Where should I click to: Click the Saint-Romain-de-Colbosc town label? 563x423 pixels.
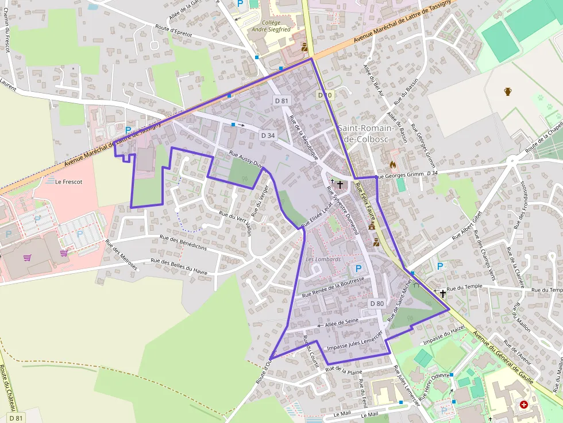point(366,133)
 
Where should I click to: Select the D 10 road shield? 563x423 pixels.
point(325,95)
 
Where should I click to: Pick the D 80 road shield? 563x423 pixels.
point(377,303)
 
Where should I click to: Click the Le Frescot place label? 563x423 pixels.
point(69,181)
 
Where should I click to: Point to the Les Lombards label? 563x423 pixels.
point(323,259)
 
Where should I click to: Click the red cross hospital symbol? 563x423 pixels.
point(523,405)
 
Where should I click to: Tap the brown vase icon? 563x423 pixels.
point(508,91)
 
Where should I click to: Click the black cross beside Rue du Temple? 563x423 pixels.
point(442,293)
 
